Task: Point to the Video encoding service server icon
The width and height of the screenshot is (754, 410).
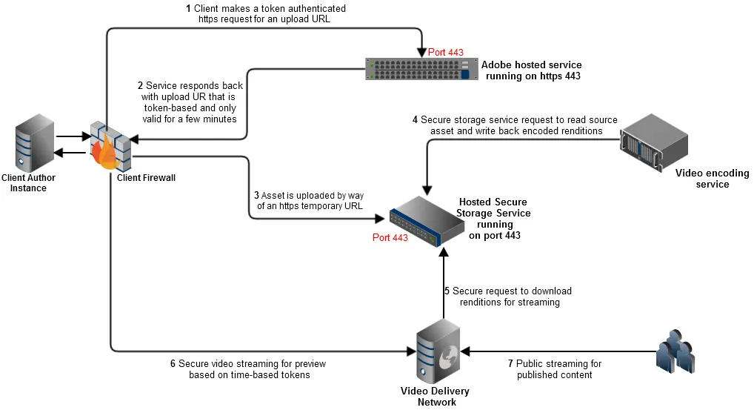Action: pos(654,145)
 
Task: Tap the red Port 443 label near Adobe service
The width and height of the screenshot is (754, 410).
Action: pos(446,53)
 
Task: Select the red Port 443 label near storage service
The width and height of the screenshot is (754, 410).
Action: pos(390,238)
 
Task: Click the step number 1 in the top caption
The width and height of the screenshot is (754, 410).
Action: pos(188,9)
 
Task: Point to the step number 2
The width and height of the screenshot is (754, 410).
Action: pos(140,86)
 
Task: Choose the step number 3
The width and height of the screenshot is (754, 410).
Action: pos(256,196)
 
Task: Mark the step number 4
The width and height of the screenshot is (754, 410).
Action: pos(415,120)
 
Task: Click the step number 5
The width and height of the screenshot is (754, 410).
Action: pos(447,291)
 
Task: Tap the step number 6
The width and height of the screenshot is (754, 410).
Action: pos(173,364)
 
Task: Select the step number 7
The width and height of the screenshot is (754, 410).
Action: pos(510,364)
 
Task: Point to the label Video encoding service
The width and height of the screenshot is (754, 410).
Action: pos(712,179)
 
